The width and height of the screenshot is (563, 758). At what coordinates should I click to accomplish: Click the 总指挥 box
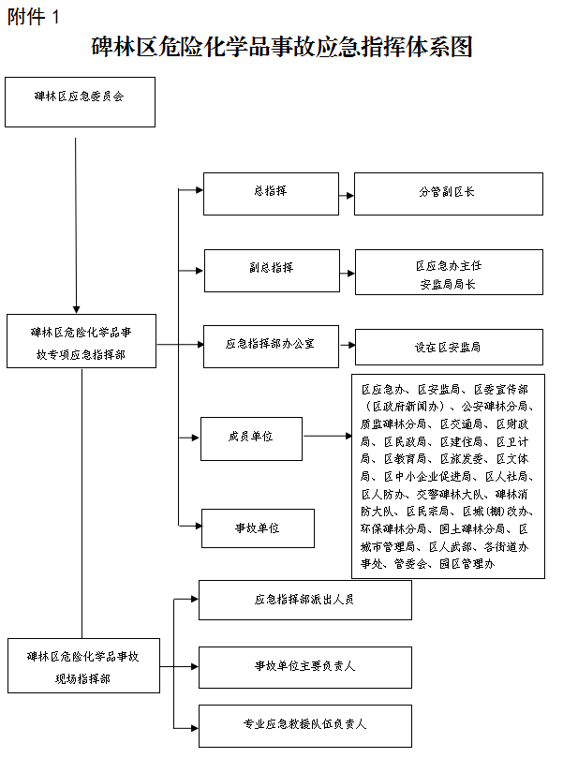271,193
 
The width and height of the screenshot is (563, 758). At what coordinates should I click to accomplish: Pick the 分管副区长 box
448,194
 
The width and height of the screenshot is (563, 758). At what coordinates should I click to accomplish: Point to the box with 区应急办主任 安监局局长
448,275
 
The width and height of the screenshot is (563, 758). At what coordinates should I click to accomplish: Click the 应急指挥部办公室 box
271,346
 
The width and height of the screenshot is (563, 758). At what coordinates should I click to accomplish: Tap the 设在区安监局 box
448,347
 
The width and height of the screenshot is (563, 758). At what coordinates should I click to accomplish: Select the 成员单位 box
251,438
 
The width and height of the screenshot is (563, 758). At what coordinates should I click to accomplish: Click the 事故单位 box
258,528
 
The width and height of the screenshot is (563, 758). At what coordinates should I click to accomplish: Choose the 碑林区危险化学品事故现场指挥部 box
81,666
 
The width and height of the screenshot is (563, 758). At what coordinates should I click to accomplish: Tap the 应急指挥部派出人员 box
304,600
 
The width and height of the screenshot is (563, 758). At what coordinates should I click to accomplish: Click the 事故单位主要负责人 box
304,666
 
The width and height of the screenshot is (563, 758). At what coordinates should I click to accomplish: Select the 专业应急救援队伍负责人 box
304,725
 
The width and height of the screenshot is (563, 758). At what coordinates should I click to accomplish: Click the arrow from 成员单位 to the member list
327,437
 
